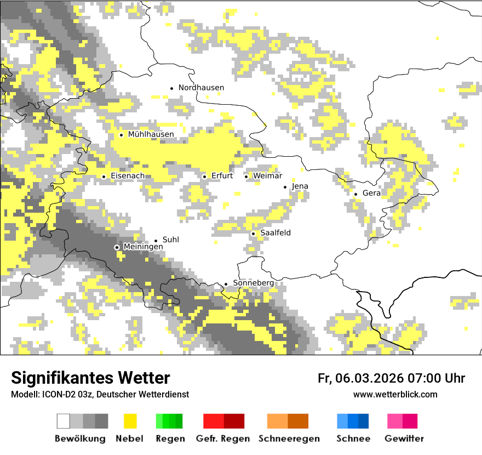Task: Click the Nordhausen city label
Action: coord(201,88)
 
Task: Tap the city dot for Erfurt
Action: coord(204,177)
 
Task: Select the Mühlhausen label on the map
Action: coord(151,134)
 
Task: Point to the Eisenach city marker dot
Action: coord(104,177)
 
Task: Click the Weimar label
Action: coord(268,176)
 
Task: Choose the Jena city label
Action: coord(300,186)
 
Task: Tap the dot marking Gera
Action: coord(355,194)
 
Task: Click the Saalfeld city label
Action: coord(276,233)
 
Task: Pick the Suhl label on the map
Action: coord(171,240)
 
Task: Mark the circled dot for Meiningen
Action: coord(117,248)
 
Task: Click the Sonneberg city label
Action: coord(253,283)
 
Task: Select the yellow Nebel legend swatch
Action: coord(130,421)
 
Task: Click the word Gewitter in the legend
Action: coord(404,439)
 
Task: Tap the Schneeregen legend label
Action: coord(289,439)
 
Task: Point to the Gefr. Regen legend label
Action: coord(223,439)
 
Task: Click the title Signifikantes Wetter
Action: coord(90,378)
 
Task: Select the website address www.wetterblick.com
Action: coord(395,395)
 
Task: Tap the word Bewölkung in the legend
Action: coord(80,439)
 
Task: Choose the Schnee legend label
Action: coord(353,439)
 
